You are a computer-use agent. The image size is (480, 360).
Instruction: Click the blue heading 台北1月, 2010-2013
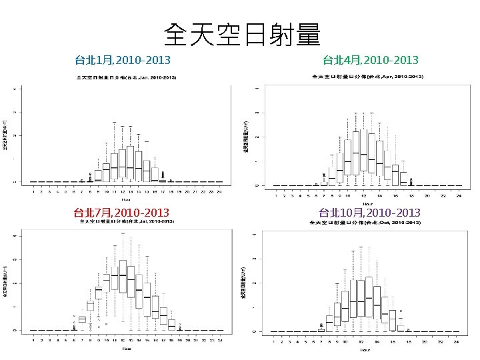(123, 61)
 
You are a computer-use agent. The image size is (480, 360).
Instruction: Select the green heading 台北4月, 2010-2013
(371, 61)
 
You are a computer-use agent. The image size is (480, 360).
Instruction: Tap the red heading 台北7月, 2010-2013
(121, 213)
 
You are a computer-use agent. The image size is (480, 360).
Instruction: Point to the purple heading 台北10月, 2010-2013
(369, 213)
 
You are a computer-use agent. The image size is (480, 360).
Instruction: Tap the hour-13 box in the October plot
(369, 298)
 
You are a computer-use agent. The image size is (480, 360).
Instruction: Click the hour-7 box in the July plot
(82, 319)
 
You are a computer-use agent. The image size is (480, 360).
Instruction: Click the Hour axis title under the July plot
(125, 348)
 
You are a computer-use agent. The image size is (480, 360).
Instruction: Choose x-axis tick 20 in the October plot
(425, 342)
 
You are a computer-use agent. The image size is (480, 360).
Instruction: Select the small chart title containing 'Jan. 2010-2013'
(126, 78)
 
